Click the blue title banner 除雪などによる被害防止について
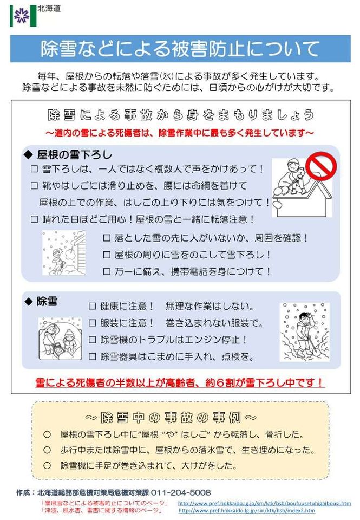pos(179,49)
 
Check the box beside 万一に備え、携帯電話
pos(106,271)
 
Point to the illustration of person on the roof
pos(292,184)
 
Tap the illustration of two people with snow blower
pos(60,339)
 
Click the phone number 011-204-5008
pos(181,492)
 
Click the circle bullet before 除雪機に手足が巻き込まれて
pos(48,465)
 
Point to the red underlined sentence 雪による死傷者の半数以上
pos(180,383)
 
